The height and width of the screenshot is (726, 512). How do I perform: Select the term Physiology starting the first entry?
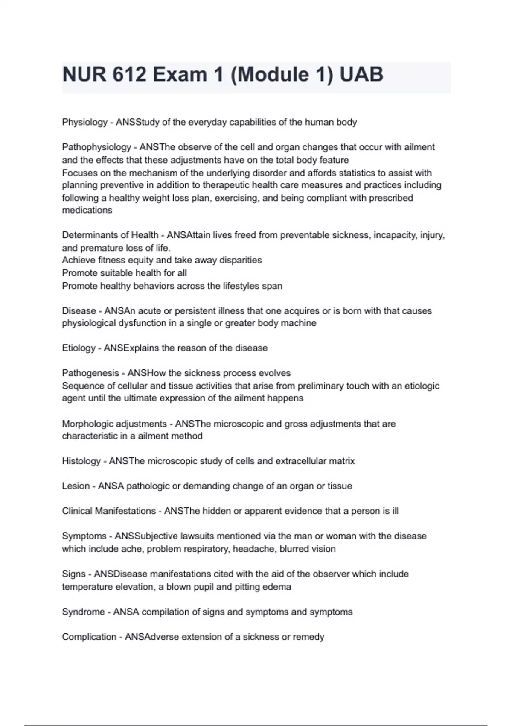[84, 122]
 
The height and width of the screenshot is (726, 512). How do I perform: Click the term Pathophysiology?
[96, 147]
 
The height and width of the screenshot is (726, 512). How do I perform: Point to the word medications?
[87, 210]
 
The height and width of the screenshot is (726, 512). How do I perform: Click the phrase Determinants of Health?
[110, 235]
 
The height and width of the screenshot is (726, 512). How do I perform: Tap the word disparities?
[240, 260]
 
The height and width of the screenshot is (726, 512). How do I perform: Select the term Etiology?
[79, 348]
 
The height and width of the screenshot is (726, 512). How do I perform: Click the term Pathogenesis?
[90, 373]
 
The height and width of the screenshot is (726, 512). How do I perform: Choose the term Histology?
[81, 461]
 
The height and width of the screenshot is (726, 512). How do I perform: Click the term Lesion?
[76, 486]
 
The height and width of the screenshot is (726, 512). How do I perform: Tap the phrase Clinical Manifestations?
[109, 511]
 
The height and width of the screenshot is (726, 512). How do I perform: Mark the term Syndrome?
[83, 612]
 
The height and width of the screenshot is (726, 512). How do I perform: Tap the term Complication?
[89, 637]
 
